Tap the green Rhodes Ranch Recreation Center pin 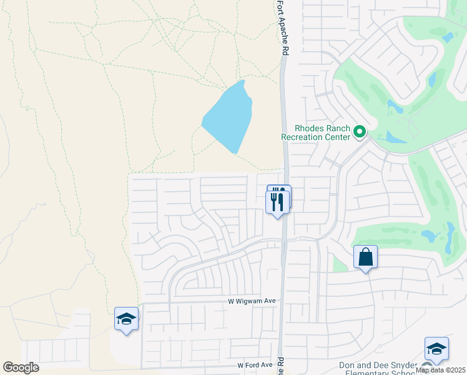(359, 131)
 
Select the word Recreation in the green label (305, 137)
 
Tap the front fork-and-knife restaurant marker (277, 202)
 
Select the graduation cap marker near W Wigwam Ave (126, 319)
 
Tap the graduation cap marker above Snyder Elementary (436, 349)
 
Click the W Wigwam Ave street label (251, 301)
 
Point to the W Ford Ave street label (255, 365)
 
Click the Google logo (21, 367)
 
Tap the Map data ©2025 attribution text (441, 370)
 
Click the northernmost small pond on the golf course (447, 37)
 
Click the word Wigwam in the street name (250, 301)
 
